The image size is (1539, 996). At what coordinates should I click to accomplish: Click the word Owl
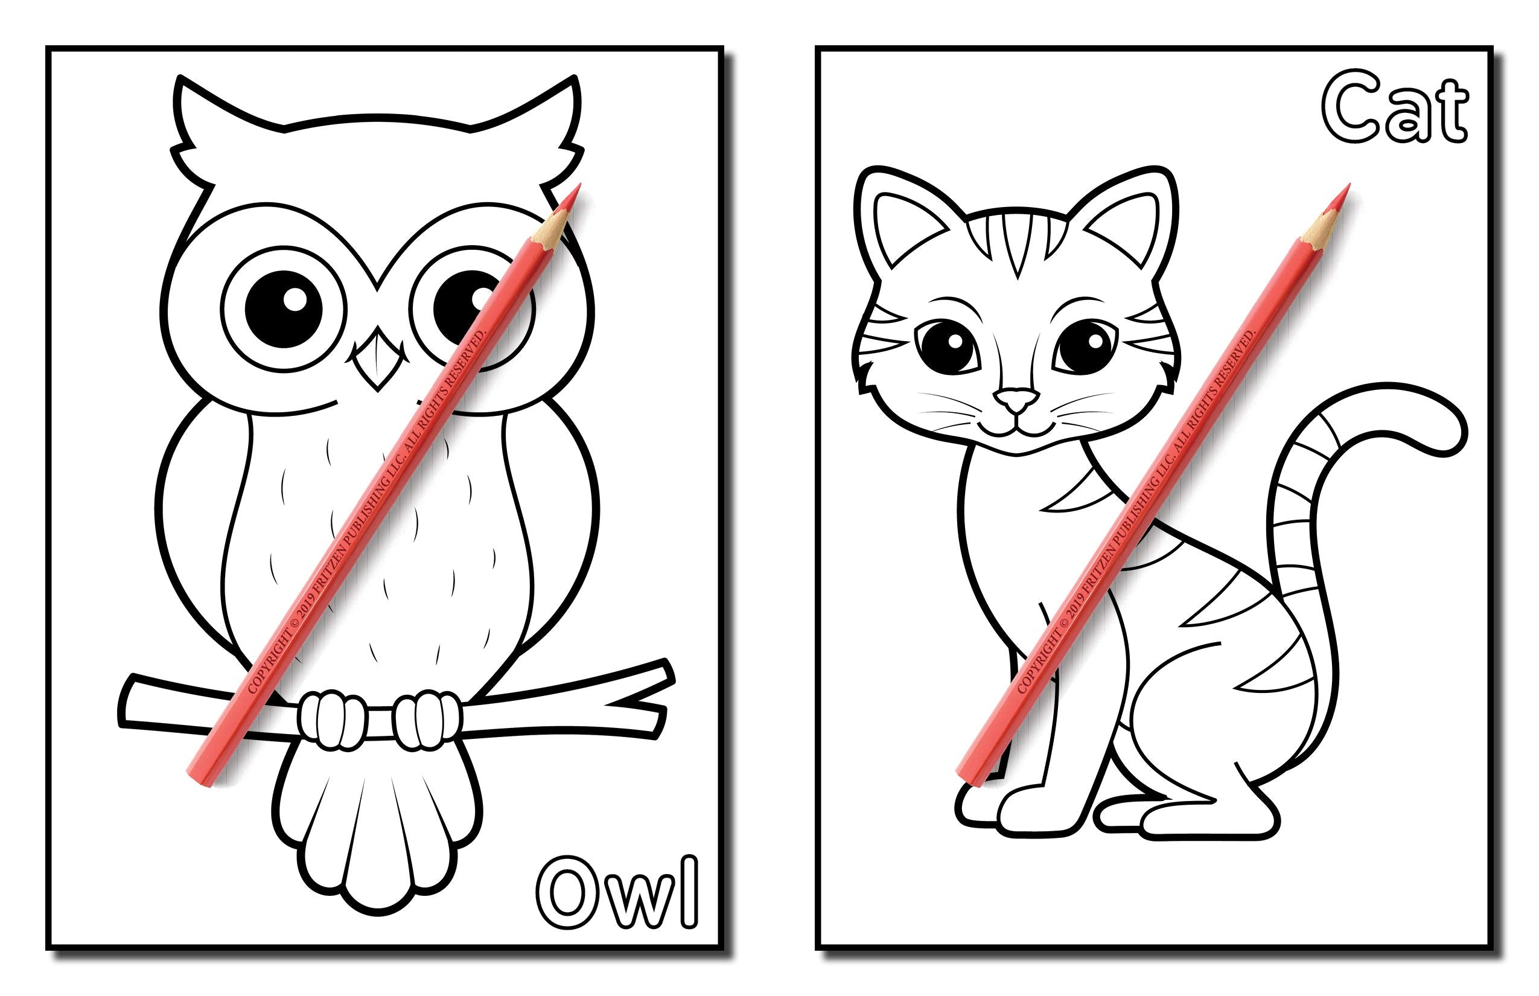point(617,893)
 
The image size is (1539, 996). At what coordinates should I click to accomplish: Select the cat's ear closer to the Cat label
point(1129,220)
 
